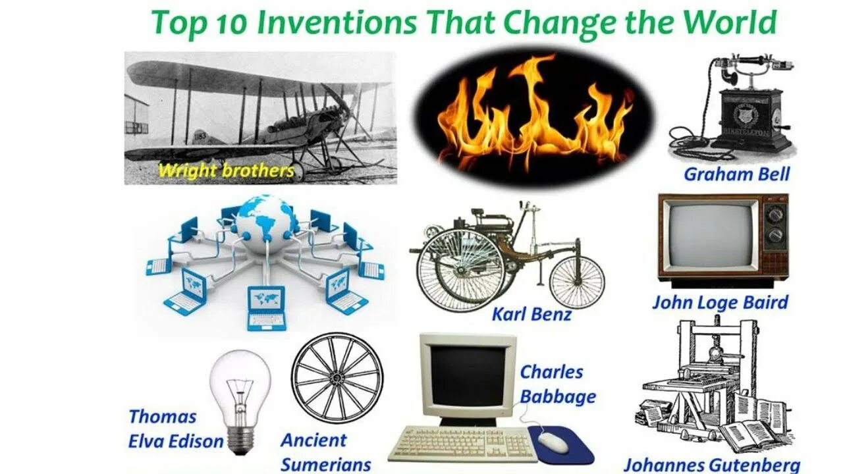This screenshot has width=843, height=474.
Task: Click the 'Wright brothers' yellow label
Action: point(226,171)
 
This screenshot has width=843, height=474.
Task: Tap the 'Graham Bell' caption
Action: point(736,174)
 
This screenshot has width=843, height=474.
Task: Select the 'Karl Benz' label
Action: point(531,315)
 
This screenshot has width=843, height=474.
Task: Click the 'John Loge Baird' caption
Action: point(720,303)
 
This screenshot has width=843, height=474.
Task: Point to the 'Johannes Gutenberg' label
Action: point(712,464)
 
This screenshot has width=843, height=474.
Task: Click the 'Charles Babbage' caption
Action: point(557,384)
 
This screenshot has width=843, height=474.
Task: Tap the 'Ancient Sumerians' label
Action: point(325,452)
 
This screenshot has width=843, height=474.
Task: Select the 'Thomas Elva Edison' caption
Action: point(175,429)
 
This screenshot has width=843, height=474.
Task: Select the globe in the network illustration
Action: point(266,218)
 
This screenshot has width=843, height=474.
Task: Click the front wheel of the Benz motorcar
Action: point(576,282)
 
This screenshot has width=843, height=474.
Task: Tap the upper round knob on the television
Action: point(776,214)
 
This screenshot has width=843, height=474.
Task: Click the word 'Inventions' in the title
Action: point(337,23)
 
